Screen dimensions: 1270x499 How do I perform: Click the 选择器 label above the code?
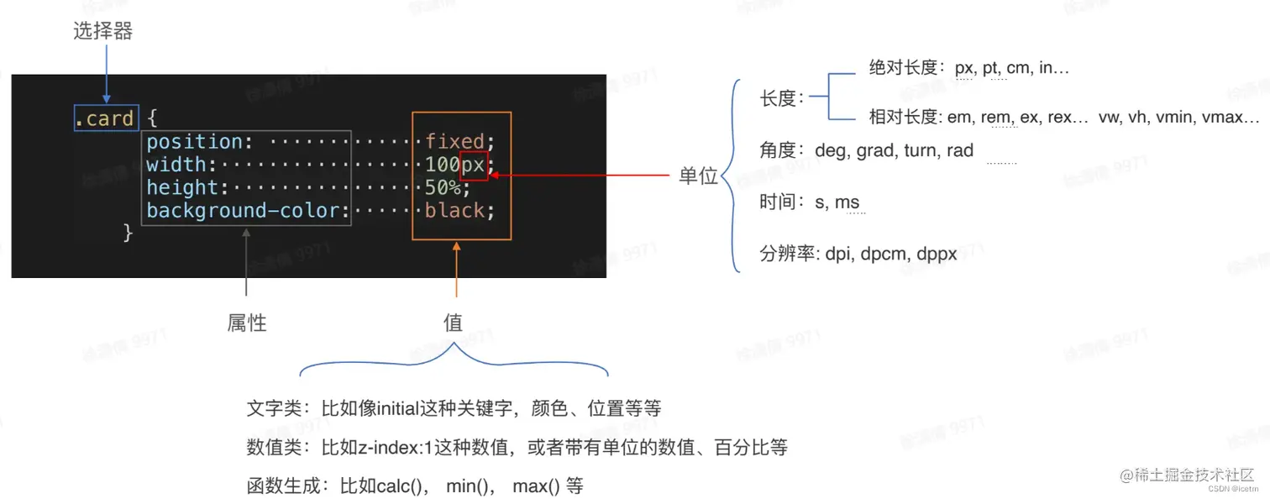point(103,32)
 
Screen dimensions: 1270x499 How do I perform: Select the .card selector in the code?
point(104,118)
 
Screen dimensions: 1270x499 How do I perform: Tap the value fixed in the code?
point(454,141)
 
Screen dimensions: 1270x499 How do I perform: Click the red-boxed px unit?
point(474,165)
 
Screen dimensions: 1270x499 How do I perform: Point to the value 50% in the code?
point(442,187)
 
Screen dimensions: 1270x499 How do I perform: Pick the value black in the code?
point(454,211)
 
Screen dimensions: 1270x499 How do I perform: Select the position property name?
point(195,141)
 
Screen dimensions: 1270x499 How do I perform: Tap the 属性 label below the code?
point(247,323)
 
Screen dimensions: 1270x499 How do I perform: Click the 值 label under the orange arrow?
point(453,323)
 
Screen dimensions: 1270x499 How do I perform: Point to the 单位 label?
point(699,176)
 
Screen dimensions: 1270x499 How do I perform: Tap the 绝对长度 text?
point(902,68)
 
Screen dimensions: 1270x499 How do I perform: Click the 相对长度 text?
point(902,118)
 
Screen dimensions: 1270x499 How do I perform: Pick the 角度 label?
point(777,151)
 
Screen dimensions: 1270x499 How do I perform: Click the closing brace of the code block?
point(128,233)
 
